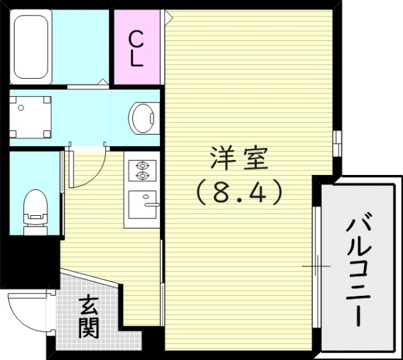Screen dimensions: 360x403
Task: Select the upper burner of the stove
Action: (141, 165)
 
